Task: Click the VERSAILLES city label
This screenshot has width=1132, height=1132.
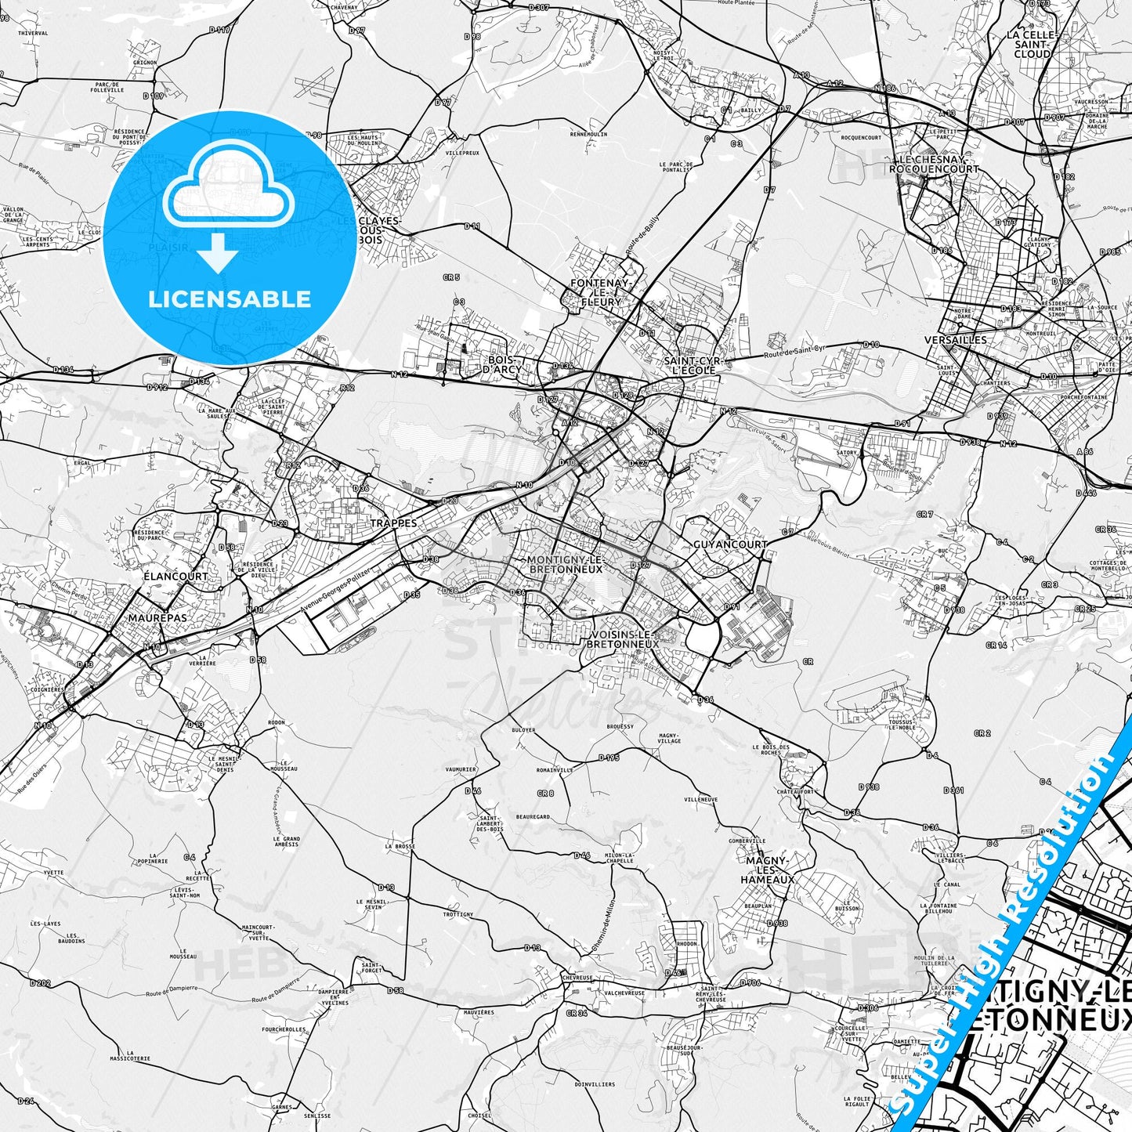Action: click(955, 340)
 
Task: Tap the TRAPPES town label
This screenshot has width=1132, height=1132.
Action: click(394, 523)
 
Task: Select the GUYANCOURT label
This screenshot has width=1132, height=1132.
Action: click(730, 544)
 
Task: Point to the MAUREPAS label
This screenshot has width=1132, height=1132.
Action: click(157, 617)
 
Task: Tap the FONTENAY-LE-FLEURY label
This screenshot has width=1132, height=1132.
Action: click(601, 291)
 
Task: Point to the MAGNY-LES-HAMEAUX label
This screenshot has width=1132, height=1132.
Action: click(769, 870)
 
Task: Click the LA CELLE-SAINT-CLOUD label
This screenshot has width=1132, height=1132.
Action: click(1033, 45)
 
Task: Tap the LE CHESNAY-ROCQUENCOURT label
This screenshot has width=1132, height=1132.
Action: click(934, 163)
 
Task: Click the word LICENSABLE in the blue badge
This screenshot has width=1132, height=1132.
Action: click(230, 298)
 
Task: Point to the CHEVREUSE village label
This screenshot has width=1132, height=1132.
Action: click(577, 977)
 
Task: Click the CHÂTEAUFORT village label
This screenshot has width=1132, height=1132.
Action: click(796, 791)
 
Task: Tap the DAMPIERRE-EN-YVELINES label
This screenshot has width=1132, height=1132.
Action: click(334, 996)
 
